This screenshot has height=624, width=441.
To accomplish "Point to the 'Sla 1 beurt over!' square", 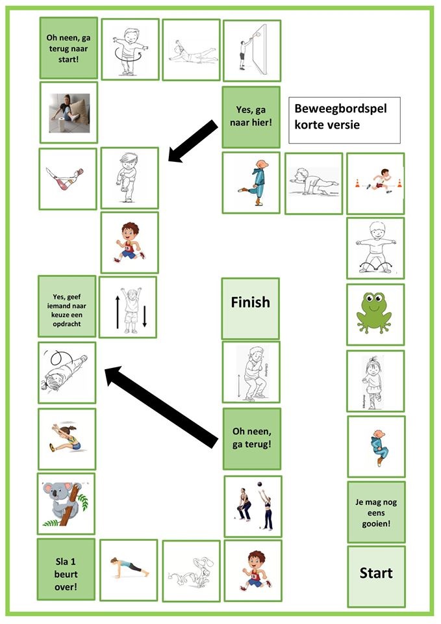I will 66,569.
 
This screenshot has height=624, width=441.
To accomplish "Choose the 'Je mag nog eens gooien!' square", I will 376,512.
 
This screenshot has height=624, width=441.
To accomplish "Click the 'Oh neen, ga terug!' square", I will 252,438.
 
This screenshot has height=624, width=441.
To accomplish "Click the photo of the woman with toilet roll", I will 68,111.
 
